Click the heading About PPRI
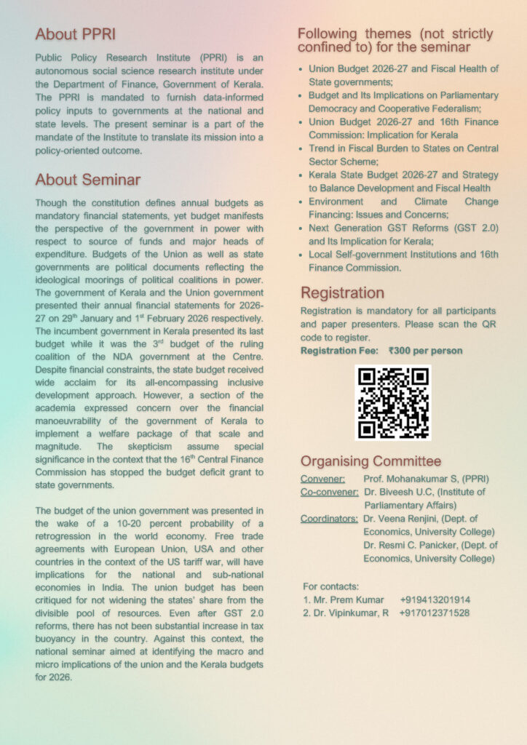(x=76, y=34)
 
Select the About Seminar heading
(x=88, y=180)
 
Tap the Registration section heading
(x=342, y=292)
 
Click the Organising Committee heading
(x=371, y=461)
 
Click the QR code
(x=393, y=402)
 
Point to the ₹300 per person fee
(x=426, y=351)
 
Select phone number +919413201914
(x=435, y=599)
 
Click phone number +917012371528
(x=435, y=613)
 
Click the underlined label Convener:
(x=323, y=479)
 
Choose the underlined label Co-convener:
(x=329, y=492)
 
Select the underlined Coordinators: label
(x=329, y=519)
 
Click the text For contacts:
(x=330, y=586)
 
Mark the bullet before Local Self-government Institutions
(x=302, y=255)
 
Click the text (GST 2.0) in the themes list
(x=475, y=228)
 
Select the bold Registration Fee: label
(x=339, y=351)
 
